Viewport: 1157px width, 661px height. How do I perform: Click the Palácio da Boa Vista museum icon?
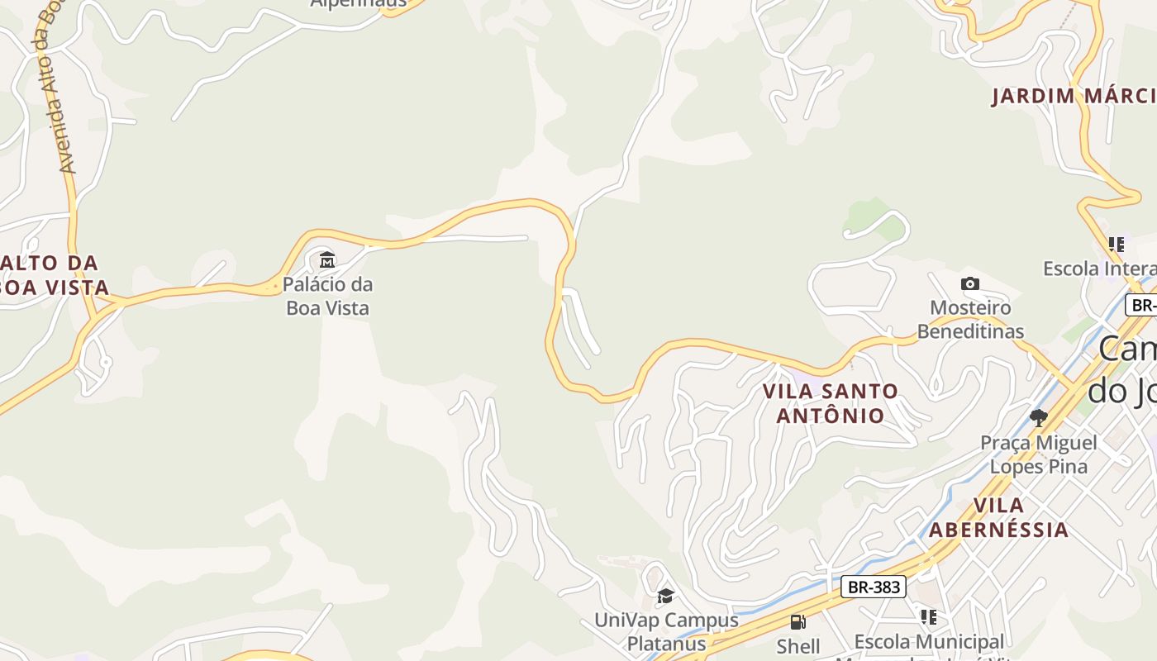click(x=327, y=260)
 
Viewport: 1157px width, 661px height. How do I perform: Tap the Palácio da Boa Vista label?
click(x=327, y=296)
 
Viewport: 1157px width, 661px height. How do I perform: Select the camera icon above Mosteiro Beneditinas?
click(x=970, y=284)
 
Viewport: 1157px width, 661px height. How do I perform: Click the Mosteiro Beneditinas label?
click(x=970, y=320)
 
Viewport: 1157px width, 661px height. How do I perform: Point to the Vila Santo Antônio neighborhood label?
click(x=830, y=402)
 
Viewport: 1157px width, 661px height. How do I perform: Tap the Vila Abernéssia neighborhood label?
click(x=998, y=517)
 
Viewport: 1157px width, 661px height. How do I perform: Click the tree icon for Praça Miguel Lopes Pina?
click(x=1038, y=418)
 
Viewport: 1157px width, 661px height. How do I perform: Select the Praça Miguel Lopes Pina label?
click(x=1038, y=454)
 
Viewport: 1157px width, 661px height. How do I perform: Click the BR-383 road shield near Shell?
click(x=874, y=587)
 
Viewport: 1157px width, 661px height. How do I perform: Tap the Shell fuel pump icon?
click(x=798, y=622)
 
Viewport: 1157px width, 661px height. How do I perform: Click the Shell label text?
click(x=798, y=645)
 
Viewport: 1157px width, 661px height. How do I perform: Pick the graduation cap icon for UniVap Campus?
click(x=665, y=596)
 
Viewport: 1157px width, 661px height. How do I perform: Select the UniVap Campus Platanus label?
click(x=666, y=631)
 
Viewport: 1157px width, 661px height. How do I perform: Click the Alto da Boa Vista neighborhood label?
click(x=55, y=275)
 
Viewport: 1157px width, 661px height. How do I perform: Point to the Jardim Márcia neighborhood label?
click(x=1073, y=96)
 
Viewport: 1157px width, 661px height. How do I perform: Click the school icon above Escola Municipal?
click(x=929, y=616)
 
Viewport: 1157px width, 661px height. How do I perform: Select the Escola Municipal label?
click(x=929, y=641)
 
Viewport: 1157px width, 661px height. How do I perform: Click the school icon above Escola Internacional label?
click(x=1117, y=245)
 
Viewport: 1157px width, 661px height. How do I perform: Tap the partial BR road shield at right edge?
click(x=1142, y=305)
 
